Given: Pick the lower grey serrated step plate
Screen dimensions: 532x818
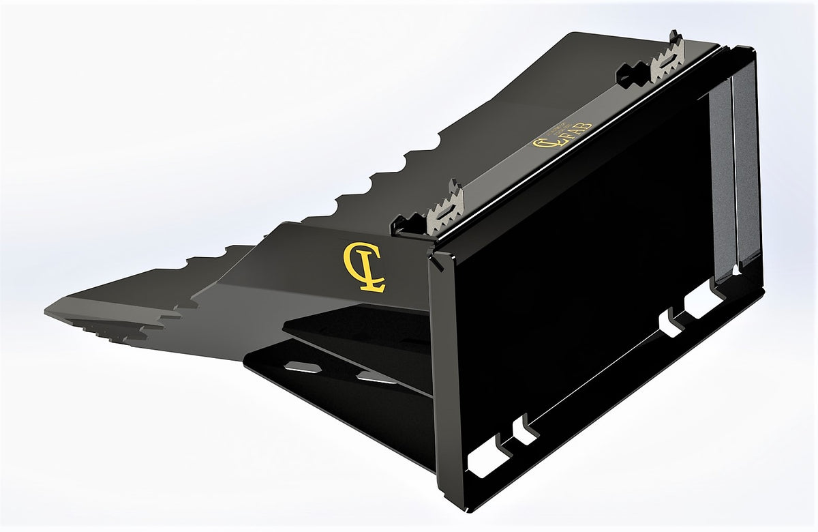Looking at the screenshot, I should coord(444,209).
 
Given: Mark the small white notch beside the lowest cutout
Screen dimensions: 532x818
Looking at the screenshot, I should coord(525,432).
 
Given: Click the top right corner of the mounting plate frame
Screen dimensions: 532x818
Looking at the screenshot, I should coord(751,49).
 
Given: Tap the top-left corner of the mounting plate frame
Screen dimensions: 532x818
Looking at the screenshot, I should coord(432,258).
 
